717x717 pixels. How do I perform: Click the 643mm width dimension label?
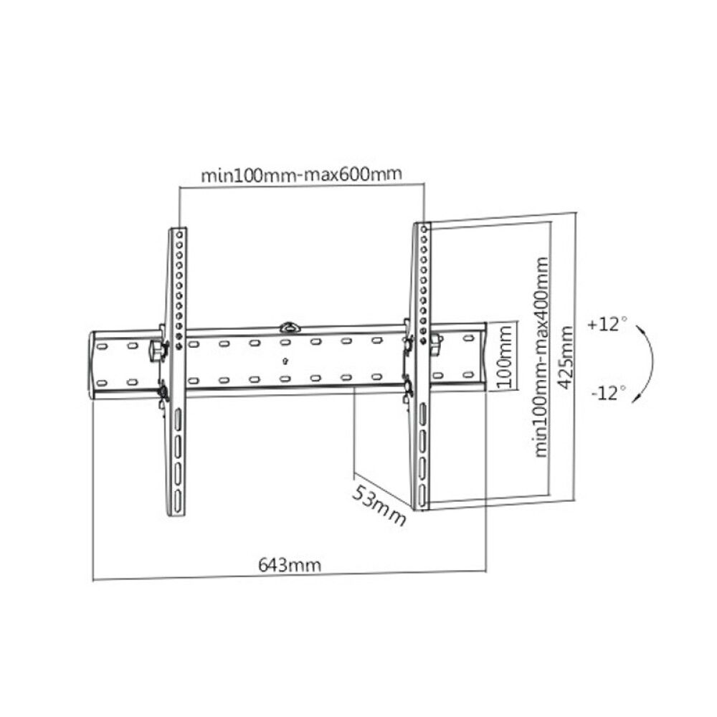[289, 564]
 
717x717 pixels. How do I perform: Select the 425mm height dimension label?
[566, 356]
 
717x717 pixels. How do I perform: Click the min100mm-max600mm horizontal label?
[300, 174]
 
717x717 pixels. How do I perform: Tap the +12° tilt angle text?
[607, 324]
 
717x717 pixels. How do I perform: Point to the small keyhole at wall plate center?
[286, 361]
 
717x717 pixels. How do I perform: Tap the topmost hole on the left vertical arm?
[178, 235]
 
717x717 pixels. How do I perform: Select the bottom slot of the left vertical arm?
[176, 495]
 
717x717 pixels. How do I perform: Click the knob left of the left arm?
[156, 351]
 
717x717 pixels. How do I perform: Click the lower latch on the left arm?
[163, 391]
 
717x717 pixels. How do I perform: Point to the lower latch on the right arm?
[409, 387]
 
